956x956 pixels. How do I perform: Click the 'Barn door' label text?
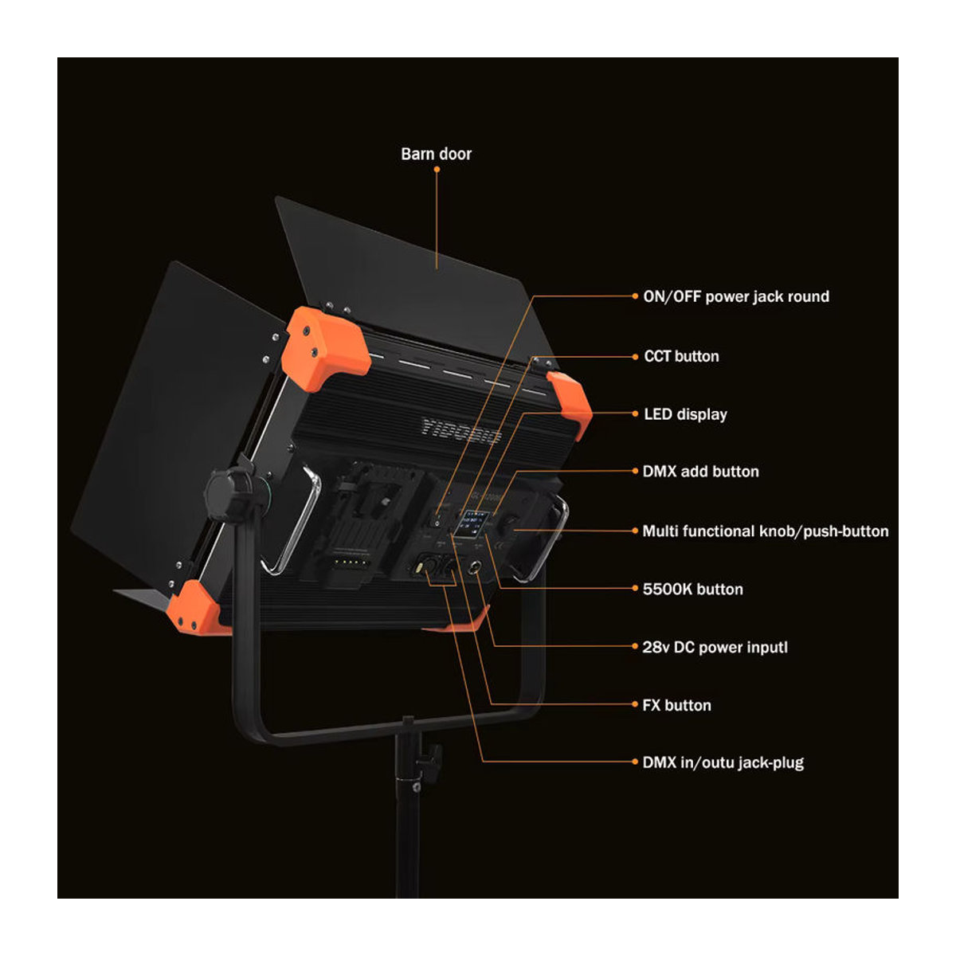(436, 154)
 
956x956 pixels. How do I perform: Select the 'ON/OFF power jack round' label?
(736, 296)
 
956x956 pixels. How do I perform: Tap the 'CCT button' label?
(681, 356)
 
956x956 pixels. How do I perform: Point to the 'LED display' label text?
(685, 414)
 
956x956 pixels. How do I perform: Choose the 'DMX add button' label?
(700, 472)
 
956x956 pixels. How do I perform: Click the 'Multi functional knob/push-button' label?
(766, 531)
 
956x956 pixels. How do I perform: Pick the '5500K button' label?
(692, 589)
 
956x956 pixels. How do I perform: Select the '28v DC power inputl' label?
(715, 648)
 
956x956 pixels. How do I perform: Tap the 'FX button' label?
(676, 705)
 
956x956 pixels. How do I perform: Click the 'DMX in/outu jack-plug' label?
(723, 762)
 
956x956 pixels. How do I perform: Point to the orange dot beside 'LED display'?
(635, 413)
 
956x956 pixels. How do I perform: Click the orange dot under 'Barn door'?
(437, 170)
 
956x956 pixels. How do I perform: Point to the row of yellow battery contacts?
(351, 562)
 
